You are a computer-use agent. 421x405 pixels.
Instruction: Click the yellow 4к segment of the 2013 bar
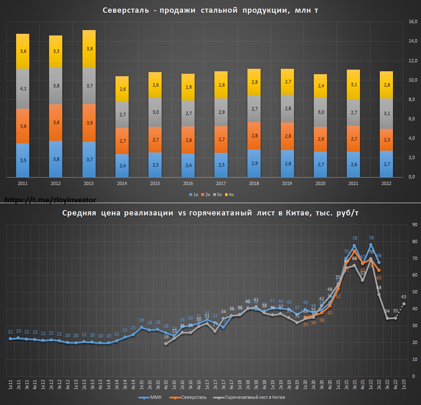pos(89,49)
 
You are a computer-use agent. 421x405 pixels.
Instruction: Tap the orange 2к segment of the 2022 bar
pos(386,140)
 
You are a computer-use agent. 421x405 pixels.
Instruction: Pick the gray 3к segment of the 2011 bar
pos(23,89)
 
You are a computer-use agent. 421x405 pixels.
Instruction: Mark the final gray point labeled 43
pos(404,304)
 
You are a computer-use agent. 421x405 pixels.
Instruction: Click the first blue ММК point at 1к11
pos(10,339)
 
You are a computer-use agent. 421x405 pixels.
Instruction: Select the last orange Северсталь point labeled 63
pos(379,270)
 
